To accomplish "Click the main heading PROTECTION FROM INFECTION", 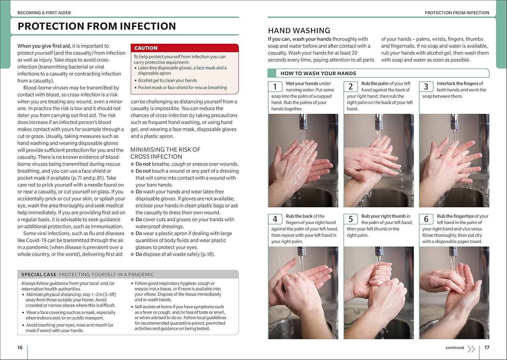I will [x=97, y=26].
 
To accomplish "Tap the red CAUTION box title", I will [x=146, y=48].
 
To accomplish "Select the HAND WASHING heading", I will [x=299, y=31].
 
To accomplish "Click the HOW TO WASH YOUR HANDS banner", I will [x=318, y=73].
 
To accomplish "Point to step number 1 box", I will [x=275, y=87].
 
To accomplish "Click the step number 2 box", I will [x=351, y=87].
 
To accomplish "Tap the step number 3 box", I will [x=426, y=87].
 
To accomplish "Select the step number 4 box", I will [x=275, y=219].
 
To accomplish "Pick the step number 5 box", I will [x=351, y=219].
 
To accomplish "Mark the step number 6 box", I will [x=426, y=219].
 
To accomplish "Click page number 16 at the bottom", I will [x=20, y=347].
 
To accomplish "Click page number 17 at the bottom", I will [x=487, y=347].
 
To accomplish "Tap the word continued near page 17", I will [x=455, y=347].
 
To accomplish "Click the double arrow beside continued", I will [x=471, y=349].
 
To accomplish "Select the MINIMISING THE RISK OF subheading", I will [x=165, y=150].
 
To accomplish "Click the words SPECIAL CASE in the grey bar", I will [x=39, y=274].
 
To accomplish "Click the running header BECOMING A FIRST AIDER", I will [x=44, y=13].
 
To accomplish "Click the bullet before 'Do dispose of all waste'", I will [x=132, y=255].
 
